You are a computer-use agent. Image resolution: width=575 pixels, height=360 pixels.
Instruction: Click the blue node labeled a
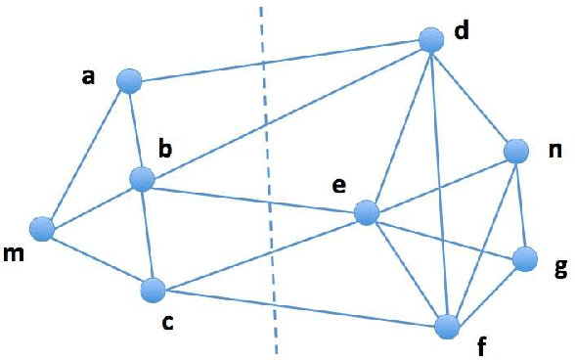pos(129,81)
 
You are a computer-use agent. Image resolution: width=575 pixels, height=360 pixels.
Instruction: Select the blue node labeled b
pos(143,179)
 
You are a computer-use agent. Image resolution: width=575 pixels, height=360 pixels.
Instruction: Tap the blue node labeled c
pos(153,291)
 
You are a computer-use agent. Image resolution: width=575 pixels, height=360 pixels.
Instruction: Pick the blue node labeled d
pos(431,40)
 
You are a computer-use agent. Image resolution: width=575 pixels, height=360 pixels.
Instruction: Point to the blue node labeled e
pos(367,212)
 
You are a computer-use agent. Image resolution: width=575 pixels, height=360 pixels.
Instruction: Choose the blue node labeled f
pos(447,325)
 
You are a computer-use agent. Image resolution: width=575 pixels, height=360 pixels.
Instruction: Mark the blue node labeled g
pos(525,258)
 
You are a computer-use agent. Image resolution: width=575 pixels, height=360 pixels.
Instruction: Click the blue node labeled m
pos(41,229)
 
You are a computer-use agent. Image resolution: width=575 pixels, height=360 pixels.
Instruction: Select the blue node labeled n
pos(516,151)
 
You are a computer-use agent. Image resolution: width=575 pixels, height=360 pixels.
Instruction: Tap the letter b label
pos(166,149)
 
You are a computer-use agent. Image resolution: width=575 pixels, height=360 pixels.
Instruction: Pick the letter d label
pos(462,30)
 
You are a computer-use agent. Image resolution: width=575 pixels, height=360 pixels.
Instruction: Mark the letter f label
pos(480,344)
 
